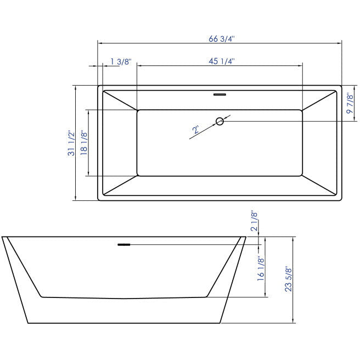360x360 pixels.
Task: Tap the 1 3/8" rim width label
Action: tap(120, 61)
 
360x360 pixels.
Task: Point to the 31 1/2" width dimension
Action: tap(70, 143)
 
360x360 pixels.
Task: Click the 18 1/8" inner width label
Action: tap(84, 143)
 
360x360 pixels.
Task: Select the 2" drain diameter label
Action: tap(196, 130)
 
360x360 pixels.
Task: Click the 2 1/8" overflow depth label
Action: tap(254, 221)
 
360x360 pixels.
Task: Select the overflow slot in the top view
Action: tap(220, 94)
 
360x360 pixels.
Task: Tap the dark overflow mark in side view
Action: tap(124, 244)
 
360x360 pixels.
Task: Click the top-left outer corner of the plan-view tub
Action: tap(98, 86)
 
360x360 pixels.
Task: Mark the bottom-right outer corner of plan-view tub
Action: tap(341, 200)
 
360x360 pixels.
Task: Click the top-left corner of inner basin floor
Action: tap(137, 110)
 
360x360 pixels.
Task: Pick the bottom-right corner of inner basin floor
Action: tap(302, 176)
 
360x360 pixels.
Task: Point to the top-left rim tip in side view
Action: tap(3, 237)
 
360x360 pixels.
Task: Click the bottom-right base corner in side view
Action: tap(220, 323)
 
